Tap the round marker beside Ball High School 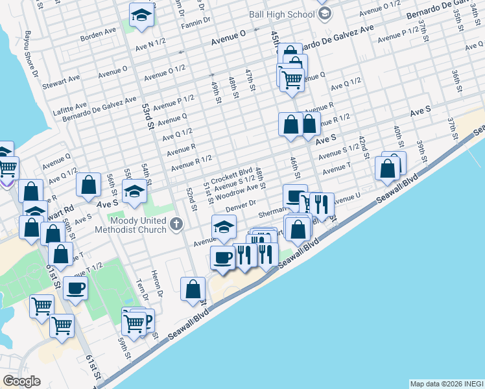(325, 14)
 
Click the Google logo (21, 381)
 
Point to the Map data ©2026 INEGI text (446, 383)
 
